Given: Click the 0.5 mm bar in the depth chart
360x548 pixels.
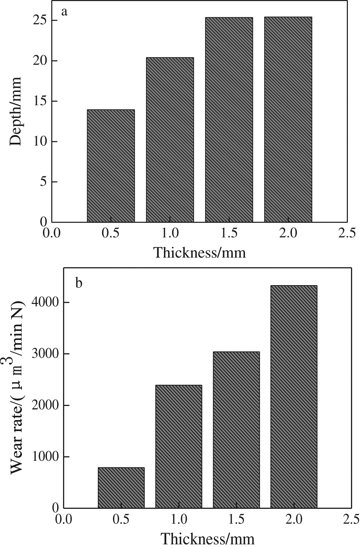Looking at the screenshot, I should click(x=111, y=165).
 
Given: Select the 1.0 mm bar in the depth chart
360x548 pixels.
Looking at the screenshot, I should click(x=170, y=140).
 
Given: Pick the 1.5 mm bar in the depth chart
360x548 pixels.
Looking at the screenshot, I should click(x=229, y=120).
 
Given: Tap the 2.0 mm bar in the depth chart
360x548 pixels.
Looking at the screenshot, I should click(x=288, y=119).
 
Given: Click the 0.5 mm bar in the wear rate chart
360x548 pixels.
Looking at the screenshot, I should click(x=121, y=487).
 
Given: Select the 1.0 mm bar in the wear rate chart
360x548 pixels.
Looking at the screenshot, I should click(x=179, y=446).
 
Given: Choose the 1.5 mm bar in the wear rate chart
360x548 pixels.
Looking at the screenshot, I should click(x=236, y=429).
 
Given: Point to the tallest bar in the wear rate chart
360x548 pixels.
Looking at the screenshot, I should click(x=294, y=397).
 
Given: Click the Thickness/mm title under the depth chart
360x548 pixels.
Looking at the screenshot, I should click(x=200, y=252).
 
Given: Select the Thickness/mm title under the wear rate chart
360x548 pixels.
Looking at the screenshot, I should click(x=208, y=539).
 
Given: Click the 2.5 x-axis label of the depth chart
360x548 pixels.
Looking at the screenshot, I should click(x=347, y=234).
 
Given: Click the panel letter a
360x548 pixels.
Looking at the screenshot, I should click(x=65, y=12).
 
